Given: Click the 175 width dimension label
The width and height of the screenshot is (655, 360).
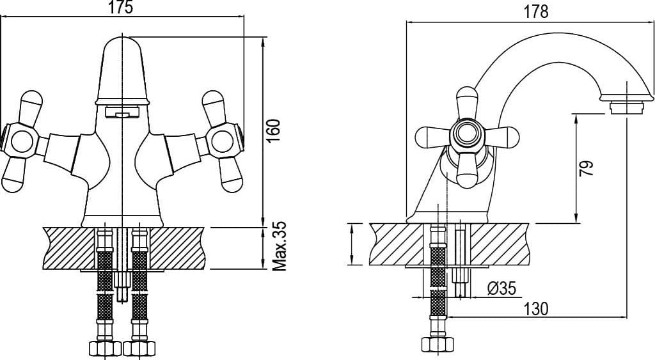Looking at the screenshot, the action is (x=121, y=7).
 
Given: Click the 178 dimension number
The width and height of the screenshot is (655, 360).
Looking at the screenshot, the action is (x=536, y=12).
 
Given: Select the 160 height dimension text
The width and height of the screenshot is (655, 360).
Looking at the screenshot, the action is (x=273, y=130).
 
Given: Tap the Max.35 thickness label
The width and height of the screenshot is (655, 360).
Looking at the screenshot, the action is (x=279, y=246).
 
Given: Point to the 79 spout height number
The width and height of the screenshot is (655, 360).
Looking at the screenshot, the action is (x=586, y=168).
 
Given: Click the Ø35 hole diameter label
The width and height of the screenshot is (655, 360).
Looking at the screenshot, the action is (x=501, y=288).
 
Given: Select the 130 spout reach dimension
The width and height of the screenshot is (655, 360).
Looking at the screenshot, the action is (x=536, y=309).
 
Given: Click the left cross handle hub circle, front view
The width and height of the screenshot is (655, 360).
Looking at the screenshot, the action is (x=22, y=141).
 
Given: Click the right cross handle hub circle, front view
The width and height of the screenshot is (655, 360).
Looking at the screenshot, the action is (x=222, y=141).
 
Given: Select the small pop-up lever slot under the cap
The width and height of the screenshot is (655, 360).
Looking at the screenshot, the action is (x=122, y=111).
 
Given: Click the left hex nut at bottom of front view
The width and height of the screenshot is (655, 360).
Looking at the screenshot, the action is (x=106, y=348).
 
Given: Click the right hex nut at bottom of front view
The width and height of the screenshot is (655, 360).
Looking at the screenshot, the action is (x=139, y=348).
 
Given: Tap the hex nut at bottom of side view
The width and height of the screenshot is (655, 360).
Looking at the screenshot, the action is (x=438, y=344).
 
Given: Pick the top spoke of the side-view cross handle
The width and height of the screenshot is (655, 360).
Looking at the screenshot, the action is (x=467, y=103).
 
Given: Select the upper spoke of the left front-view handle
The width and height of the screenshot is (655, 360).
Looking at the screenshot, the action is (x=30, y=107).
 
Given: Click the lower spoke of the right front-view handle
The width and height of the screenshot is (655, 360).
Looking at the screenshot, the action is (x=230, y=175).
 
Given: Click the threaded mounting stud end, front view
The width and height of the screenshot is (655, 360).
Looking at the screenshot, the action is (x=122, y=292).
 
